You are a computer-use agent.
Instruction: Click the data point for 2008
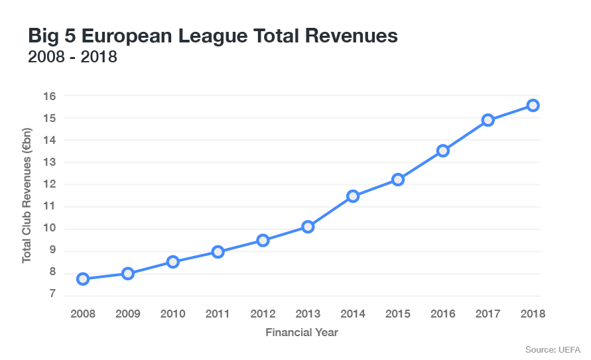click(83, 279)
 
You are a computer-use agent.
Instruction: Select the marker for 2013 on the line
click(308, 227)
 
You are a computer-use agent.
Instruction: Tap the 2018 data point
click(533, 105)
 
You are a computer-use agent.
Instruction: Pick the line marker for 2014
click(353, 196)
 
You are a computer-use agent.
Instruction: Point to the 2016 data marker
click(443, 150)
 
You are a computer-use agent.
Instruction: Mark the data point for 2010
click(173, 262)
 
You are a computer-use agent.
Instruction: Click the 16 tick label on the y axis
click(50, 96)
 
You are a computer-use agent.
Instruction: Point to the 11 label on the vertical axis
click(50, 207)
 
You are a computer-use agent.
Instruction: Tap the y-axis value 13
click(50, 162)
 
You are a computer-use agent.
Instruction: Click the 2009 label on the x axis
click(128, 314)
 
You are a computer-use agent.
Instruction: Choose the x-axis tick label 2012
click(263, 314)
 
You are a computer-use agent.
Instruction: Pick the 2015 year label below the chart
click(398, 314)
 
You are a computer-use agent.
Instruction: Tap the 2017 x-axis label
click(488, 314)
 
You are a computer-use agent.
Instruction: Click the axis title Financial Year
click(302, 332)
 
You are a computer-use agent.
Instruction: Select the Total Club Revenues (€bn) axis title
click(27, 196)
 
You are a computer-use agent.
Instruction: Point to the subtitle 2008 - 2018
click(72, 57)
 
